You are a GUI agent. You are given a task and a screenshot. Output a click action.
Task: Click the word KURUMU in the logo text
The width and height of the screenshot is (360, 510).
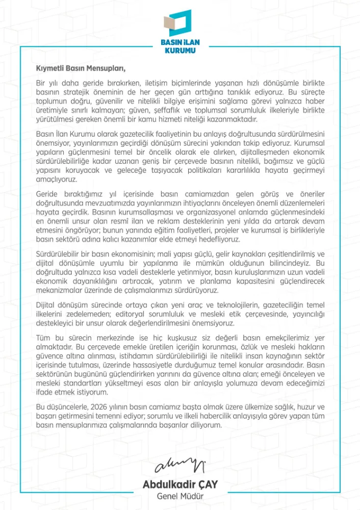(x=180, y=50)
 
